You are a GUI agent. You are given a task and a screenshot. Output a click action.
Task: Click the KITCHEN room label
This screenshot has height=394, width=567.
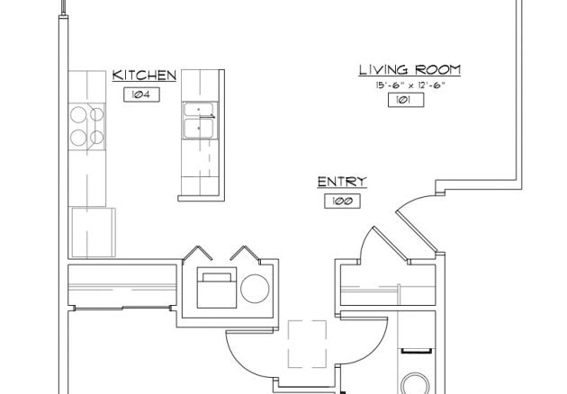coord(144,76)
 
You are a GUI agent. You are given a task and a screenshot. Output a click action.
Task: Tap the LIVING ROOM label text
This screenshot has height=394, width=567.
coord(410,69)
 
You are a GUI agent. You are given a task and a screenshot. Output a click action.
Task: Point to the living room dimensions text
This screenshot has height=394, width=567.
coord(410,85)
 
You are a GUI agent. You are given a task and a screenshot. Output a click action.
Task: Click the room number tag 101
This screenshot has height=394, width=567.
coord(405,100)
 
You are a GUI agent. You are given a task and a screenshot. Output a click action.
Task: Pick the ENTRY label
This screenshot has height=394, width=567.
coord(342,183)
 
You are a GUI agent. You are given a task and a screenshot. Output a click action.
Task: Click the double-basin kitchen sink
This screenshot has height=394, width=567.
coord(199,121)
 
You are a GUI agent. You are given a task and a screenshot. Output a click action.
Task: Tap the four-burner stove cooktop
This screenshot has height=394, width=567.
coord(86,126)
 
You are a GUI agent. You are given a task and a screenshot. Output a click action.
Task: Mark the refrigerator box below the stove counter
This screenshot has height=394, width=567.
coord(94,232)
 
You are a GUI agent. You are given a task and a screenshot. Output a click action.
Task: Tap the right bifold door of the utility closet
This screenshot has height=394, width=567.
coord(245,254)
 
